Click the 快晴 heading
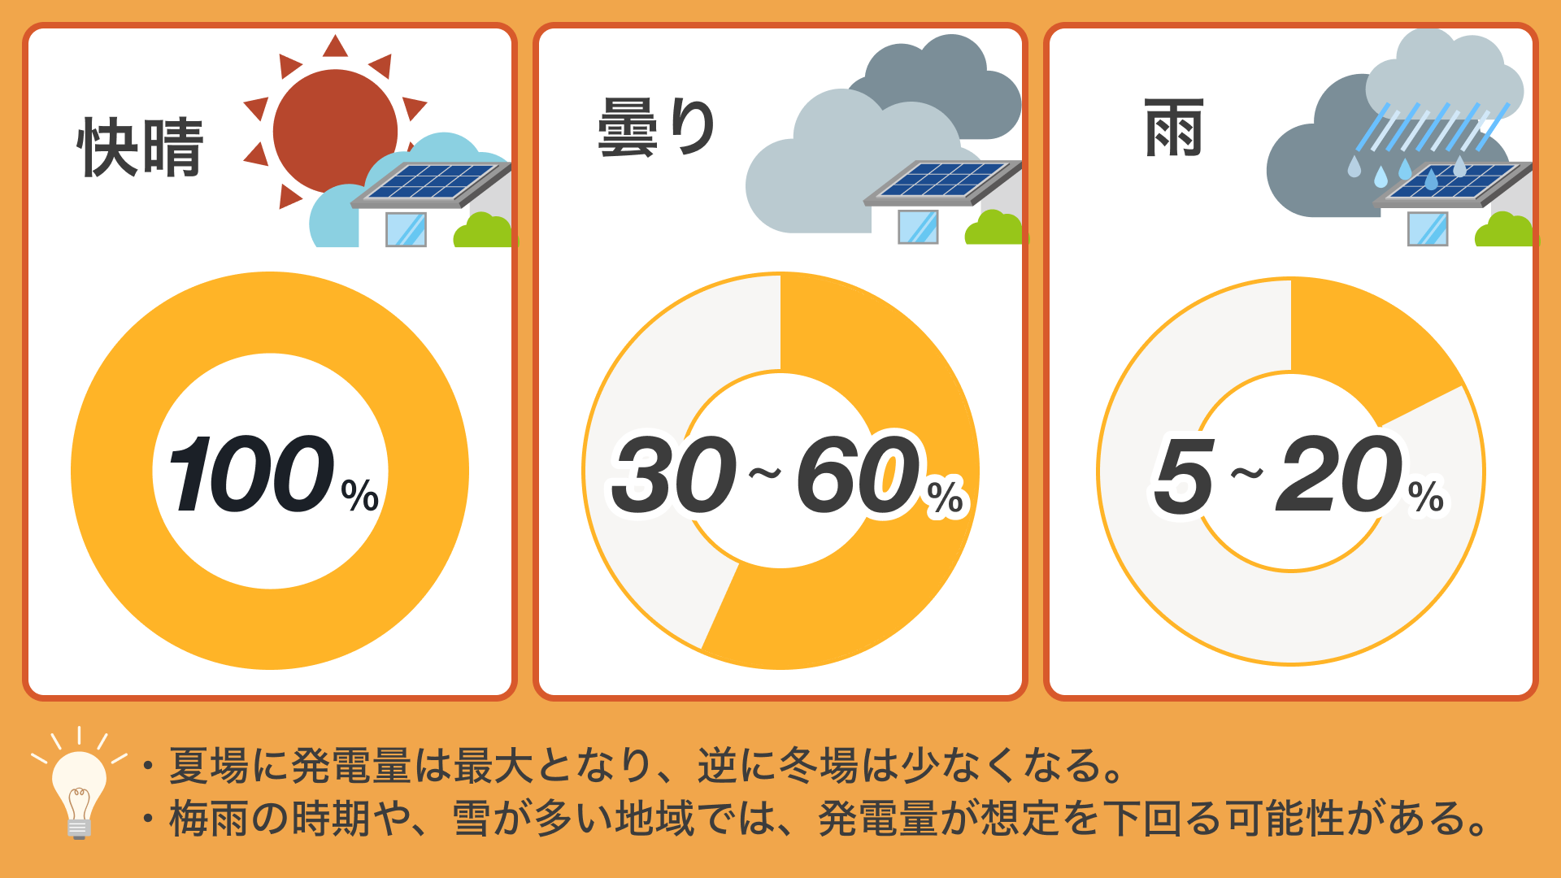pyautogui.click(x=141, y=147)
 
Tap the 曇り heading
pyautogui.click(x=657, y=128)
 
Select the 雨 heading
pyautogui.click(x=1173, y=128)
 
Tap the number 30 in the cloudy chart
pyautogui.click(x=674, y=475)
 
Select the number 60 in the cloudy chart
pyautogui.click(x=859, y=475)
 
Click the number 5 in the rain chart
pyautogui.click(x=1184, y=476)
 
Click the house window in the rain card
pyautogui.click(x=1428, y=228)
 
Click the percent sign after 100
pyautogui.click(x=360, y=494)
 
